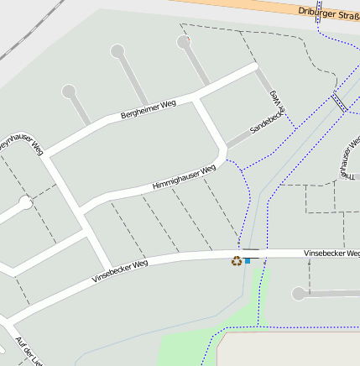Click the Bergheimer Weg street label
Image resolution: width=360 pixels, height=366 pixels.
pos(148,107)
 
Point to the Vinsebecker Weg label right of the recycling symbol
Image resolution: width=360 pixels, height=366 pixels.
pos(331,253)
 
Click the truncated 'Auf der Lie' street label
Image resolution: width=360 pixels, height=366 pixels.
pos(29,351)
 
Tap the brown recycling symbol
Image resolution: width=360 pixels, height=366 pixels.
pos(237,261)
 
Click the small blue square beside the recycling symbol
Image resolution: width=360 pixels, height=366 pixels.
pos(247,261)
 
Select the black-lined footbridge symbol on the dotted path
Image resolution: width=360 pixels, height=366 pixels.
pos(339,102)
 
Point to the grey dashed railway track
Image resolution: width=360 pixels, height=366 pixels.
pos(18,37)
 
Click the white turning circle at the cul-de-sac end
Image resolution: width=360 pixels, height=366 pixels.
pos(25,202)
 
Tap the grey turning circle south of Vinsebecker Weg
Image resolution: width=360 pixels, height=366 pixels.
pos(298,294)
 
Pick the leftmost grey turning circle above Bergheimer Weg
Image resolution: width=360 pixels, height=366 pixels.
pos(69,91)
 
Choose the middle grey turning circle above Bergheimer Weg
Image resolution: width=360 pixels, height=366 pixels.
pos(117,51)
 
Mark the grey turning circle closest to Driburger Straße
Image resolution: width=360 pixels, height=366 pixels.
pos(184,41)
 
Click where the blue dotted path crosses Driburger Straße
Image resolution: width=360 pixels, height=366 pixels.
pos(320,21)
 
